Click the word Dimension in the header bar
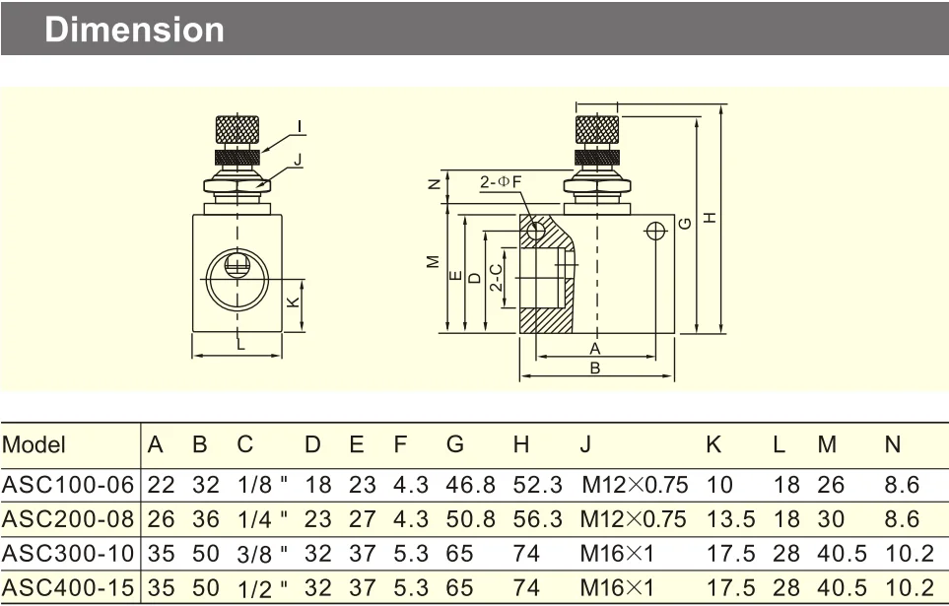(x=135, y=29)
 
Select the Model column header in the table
(x=34, y=444)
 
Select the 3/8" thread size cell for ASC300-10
(x=259, y=554)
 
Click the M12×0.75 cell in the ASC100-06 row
(x=632, y=484)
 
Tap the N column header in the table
(x=893, y=444)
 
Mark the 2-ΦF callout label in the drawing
(x=501, y=183)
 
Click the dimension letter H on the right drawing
(x=710, y=218)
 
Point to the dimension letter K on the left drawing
(x=293, y=303)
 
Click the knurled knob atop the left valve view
(x=237, y=130)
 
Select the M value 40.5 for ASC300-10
(x=833, y=554)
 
